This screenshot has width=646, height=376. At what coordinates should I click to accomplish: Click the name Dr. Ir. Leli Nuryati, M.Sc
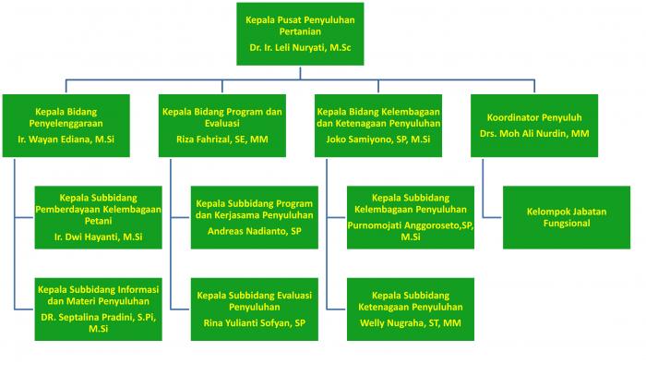(x=300, y=47)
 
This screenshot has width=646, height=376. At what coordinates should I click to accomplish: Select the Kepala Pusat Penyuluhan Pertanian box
(x=300, y=34)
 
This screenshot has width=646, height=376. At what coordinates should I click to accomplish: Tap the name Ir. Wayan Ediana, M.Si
(x=66, y=139)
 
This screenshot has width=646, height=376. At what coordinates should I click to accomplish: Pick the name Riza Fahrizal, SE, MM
(x=222, y=139)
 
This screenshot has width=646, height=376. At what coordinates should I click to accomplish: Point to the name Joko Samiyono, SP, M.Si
(x=378, y=139)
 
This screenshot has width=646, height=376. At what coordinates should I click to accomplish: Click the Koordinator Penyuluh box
(x=534, y=126)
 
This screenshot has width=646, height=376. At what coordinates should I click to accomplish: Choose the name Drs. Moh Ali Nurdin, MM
(x=534, y=134)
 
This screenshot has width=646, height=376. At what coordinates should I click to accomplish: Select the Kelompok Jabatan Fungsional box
(x=567, y=217)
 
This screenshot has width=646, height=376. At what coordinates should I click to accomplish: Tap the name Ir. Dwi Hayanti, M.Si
(x=98, y=237)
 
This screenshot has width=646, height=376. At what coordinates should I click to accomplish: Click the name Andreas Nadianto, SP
(x=254, y=231)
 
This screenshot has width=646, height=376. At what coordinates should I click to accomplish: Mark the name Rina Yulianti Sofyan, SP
(x=254, y=323)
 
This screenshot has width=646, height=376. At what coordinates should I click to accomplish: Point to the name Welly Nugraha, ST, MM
(x=411, y=323)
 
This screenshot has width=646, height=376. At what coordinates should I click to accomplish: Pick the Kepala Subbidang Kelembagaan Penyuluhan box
(x=411, y=217)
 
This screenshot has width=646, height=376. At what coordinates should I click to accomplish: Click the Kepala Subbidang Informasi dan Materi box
(x=98, y=309)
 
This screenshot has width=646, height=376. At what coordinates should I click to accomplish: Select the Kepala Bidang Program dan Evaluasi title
(x=222, y=117)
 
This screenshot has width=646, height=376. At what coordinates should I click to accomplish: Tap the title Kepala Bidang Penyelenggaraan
(x=66, y=117)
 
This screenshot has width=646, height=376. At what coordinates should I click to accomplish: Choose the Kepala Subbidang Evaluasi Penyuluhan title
(x=254, y=301)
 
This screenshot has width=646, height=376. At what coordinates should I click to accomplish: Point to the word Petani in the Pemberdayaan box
(x=98, y=221)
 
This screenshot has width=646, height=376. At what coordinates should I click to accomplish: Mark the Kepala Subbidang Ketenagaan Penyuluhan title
(x=411, y=301)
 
